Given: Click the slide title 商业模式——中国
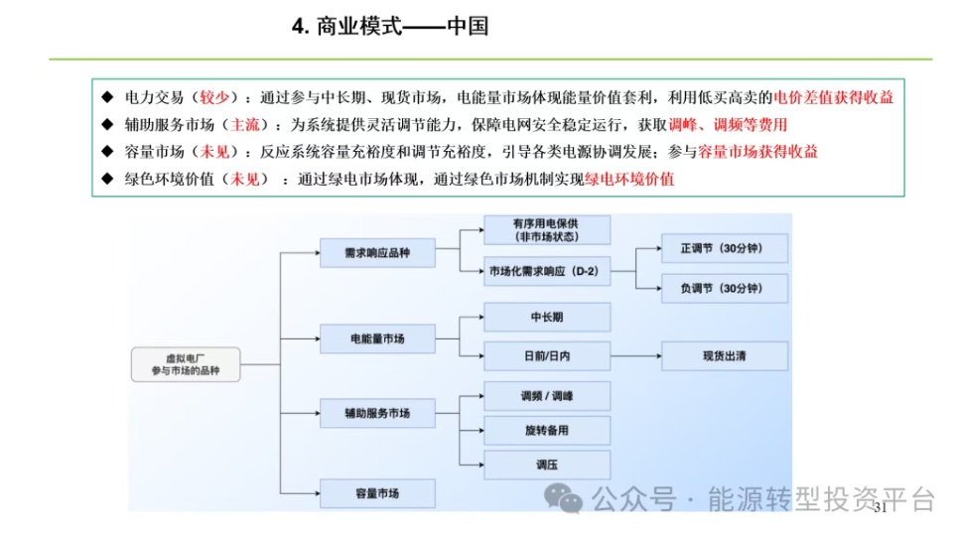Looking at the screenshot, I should coord(390,26).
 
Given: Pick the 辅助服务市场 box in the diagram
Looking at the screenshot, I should coord(377,412).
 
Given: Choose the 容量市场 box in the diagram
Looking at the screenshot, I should coord(377,492).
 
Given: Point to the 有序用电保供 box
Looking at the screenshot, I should coord(546,230).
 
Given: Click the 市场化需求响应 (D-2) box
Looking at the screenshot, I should coord(546,270).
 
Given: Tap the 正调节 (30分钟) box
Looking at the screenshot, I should coord(725,248).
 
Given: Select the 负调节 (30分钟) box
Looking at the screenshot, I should coord(725,289).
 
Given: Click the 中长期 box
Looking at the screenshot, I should coord(546,317).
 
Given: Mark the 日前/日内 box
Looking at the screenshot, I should coord(546,356).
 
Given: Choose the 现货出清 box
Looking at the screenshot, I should coord(725,356).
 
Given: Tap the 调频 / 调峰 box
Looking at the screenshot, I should coord(546,397).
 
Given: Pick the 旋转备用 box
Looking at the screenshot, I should coord(546,431).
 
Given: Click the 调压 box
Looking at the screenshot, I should coord(546,464).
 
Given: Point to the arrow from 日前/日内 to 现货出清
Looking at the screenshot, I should coord(635,356).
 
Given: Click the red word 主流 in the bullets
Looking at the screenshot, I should coord(245,125).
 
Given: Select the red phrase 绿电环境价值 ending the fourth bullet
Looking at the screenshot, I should coord(629,180).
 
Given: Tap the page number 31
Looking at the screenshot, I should coord(878,508).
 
